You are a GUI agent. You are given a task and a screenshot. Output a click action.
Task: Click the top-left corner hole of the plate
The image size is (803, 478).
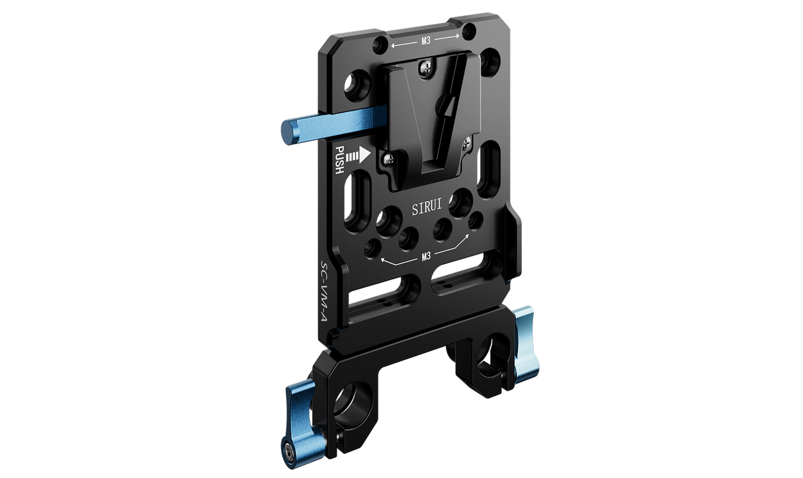[x=381, y=44]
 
